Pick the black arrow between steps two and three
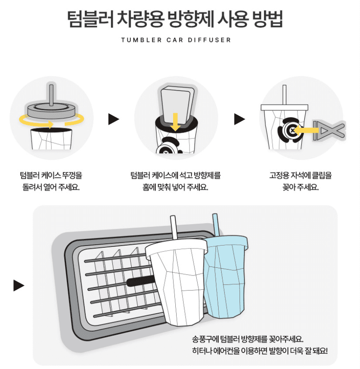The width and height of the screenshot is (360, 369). [x=240, y=119]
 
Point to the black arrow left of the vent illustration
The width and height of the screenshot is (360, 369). [x=19, y=285]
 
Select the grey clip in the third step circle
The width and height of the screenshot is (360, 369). [x=329, y=130]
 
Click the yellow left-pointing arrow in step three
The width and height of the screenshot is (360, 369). [x=307, y=130]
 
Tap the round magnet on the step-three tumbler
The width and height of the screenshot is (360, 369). [x=290, y=130]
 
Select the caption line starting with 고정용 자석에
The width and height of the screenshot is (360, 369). [x=301, y=175]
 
